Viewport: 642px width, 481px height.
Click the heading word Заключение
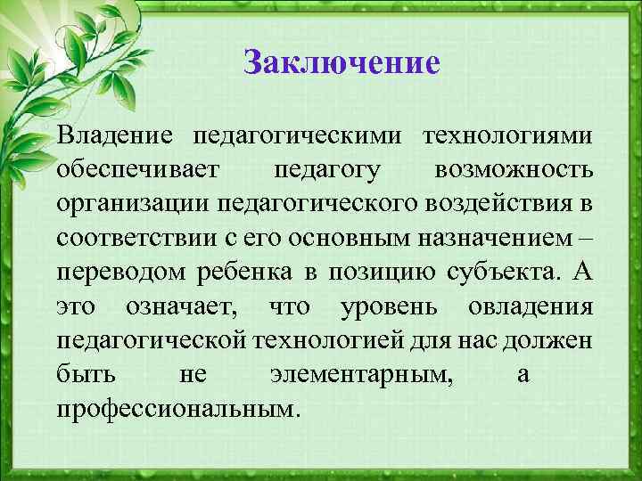point(342,64)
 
